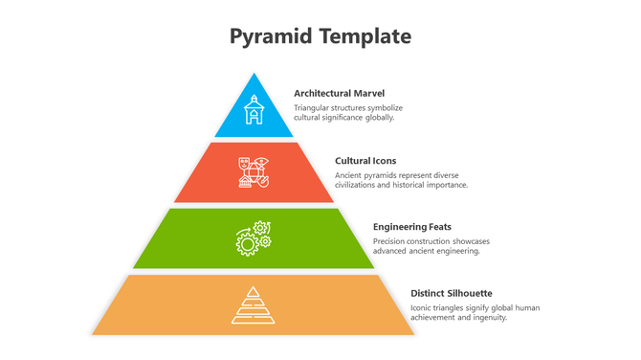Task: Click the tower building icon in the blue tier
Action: click(254, 110)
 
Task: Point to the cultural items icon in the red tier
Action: click(254, 172)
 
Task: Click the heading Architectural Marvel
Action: click(339, 94)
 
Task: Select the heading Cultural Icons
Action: click(365, 161)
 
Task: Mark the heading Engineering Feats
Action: click(411, 227)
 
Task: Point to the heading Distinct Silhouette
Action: click(452, 293)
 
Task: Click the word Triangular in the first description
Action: click(312, 108)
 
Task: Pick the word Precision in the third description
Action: click(390, 241)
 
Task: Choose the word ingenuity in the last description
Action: click(489, 317)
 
